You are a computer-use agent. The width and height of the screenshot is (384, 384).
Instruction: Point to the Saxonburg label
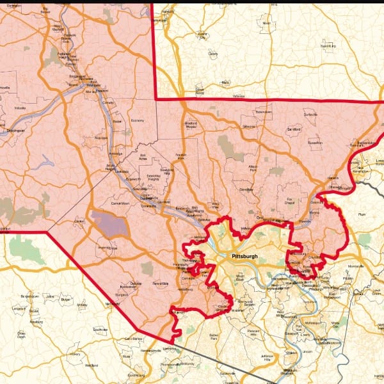[x=327, y=46]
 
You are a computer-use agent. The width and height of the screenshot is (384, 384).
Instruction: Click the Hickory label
[x=76, y=353]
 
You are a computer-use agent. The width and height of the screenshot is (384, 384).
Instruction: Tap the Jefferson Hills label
[x=268, y=357]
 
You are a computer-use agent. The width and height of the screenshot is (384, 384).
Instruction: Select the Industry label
[x=20, y=108]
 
